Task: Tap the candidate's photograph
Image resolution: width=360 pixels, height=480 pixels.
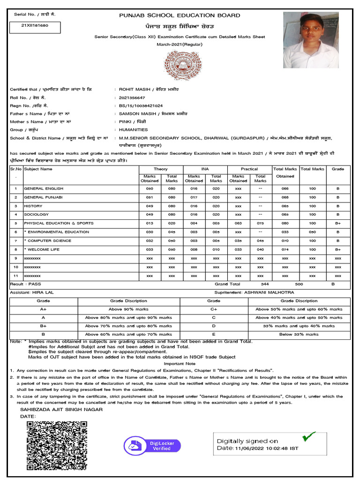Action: click(311, 40)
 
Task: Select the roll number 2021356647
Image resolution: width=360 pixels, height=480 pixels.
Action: click(132, 97)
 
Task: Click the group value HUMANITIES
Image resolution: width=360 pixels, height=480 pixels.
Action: click(133, 129)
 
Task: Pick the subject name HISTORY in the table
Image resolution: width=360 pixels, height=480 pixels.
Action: click(33, 206)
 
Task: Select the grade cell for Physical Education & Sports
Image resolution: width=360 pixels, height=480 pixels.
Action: click(337, 223)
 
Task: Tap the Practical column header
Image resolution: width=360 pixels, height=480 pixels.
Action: click(249, 169)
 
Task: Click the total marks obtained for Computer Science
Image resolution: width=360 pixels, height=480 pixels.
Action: click(285, 240)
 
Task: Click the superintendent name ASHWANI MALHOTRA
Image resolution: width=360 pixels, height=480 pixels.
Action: click(269, 292)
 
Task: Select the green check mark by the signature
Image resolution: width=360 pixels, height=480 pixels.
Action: click(308, 437)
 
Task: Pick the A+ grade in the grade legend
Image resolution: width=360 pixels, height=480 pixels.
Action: click(43, 309)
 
